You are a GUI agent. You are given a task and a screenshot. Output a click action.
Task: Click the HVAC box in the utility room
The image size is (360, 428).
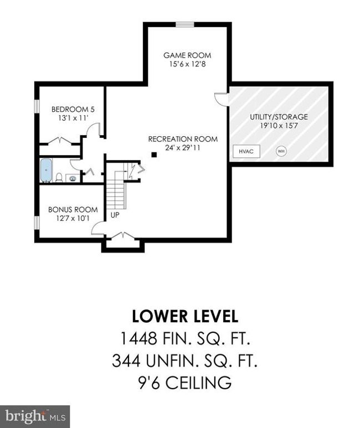[x=246, y=151]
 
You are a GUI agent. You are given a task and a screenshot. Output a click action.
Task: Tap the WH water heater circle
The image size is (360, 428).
[x=281, y=151]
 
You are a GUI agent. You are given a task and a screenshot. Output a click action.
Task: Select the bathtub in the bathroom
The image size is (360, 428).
[x=46, y=171]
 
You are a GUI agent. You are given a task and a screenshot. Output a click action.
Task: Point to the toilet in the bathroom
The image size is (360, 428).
[x=59, y=177]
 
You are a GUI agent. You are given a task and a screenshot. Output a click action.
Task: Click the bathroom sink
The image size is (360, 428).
[x=73, y=178]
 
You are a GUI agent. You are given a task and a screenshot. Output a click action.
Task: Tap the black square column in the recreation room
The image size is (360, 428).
[x=154, y=155]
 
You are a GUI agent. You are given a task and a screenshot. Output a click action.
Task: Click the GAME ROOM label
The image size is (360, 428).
[x=187, y=55]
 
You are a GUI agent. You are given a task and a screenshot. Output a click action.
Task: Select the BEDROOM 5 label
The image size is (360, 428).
[x=73, y=110]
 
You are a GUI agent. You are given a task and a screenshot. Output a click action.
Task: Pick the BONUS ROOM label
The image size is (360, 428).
[x=73, y=210]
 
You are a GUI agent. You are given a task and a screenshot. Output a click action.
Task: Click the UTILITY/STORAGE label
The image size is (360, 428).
[x=279, y=117]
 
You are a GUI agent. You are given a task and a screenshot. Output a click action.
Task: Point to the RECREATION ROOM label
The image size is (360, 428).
[x=183, y=139]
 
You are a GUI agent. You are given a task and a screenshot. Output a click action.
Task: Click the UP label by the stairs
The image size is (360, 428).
[x=115, y=215]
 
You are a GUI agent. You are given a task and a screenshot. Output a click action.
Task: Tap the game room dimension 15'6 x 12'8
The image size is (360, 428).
[x=187, y=64]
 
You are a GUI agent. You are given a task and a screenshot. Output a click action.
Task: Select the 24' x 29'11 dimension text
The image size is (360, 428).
[x=182, y=148]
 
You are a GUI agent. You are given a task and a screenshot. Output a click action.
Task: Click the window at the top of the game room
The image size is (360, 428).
[x=185, y=24]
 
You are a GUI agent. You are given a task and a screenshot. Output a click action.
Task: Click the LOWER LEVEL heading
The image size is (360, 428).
[x=185, y=316]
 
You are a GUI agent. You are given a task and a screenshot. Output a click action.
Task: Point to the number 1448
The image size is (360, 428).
[x=138, y=338]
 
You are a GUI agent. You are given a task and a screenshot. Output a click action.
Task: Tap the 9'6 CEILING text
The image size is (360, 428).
[x=185, y=383]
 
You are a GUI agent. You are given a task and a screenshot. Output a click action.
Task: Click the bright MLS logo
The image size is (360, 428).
[x=35, y=416]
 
